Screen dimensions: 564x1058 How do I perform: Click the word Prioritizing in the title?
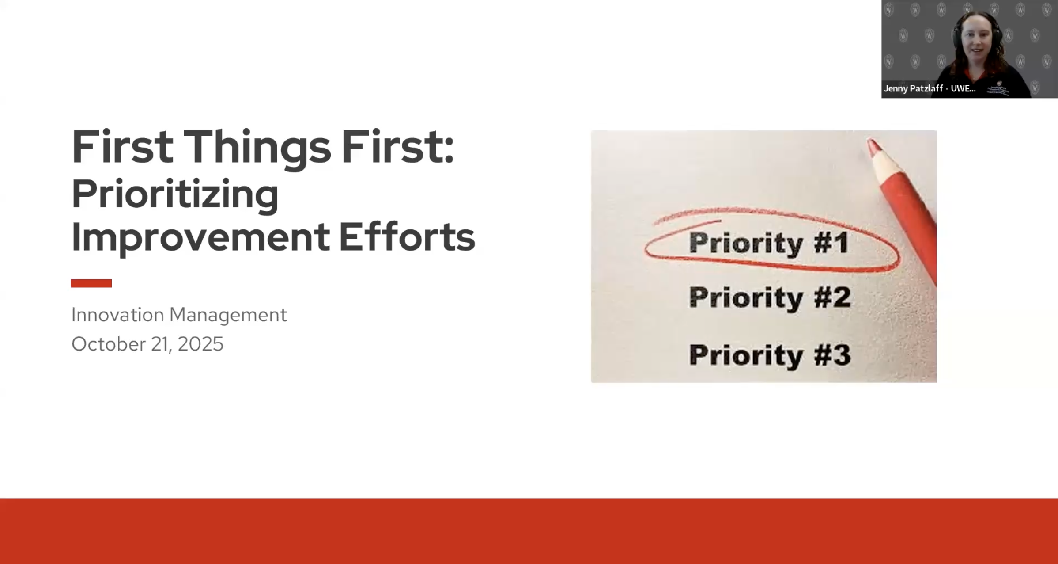click(x=175, y=194)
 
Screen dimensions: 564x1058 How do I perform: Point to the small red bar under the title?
click(x=91, y=283)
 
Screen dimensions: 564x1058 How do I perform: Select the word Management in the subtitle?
click(x=228, y=315)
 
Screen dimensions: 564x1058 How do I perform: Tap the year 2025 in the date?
click(x=200, y=344)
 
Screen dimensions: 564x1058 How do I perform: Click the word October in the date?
click(x=108, y=344)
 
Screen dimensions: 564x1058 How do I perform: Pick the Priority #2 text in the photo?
click(x=770, y=297)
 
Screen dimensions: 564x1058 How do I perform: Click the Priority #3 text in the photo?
click(x=770, y=355)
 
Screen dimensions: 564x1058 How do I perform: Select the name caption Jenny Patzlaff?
click(x=913, y=88)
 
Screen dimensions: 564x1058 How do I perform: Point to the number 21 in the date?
click(x=161, y=344)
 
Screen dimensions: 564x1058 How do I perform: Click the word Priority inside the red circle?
click(x=746, y=242)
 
